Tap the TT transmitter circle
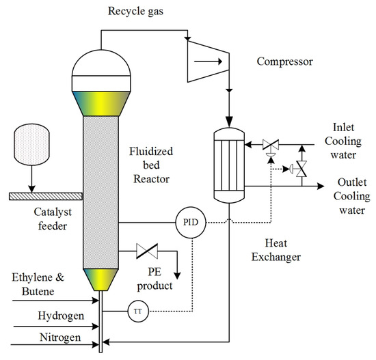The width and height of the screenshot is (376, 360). pyautogui.click(x=137, y=311)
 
